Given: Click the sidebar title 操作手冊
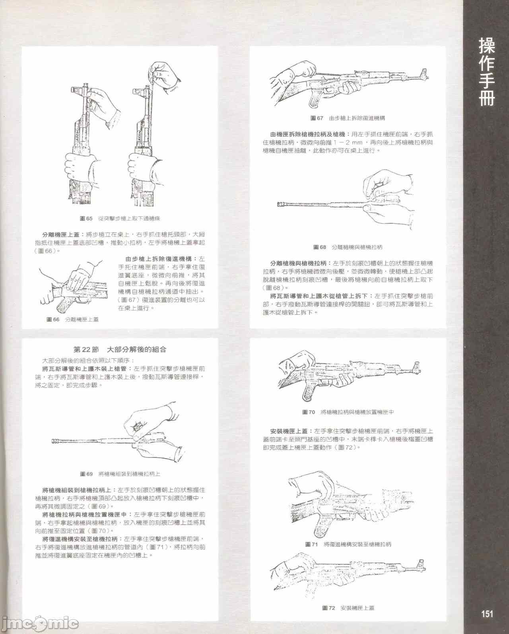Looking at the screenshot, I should (486, 72).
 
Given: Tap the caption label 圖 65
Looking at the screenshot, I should (86, 219).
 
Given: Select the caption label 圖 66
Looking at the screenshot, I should (53, 319).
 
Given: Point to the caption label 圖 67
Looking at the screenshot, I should (317, 118).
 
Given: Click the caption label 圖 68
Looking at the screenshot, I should (320, 247).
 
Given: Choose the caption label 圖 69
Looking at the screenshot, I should (86, 474).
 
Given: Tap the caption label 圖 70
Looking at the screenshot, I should (309, 412).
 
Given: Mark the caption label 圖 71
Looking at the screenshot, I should (311, 544).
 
